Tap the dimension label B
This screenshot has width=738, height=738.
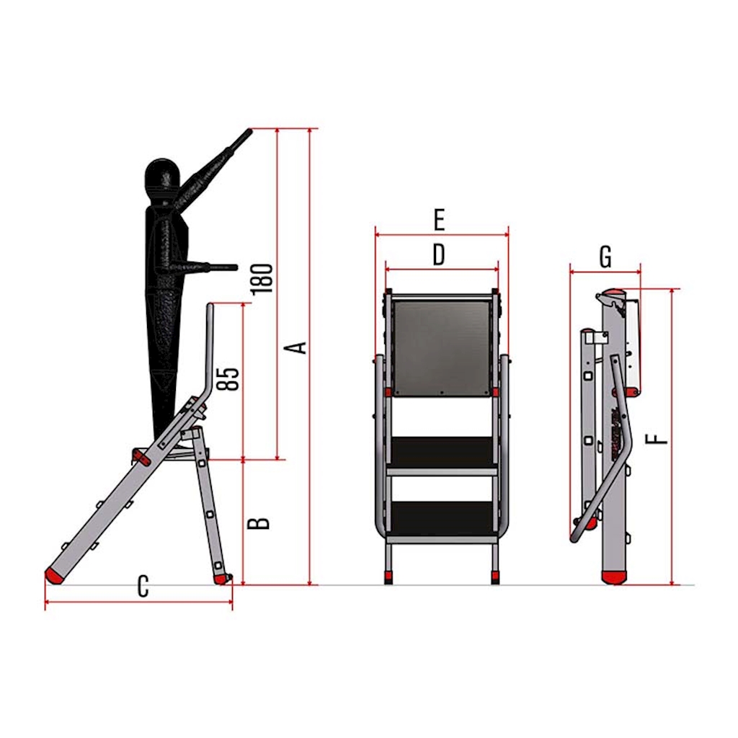point(259,523)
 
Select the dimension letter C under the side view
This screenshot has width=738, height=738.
point(143,587)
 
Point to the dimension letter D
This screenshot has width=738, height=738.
point(438,254)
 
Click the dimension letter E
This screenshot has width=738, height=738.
point(439,220)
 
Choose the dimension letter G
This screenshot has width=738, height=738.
point(605,257)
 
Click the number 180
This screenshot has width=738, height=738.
point(262,280)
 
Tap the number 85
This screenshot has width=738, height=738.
point(228,379)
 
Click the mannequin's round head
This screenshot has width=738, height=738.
point(162,177)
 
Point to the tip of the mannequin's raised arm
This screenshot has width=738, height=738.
point(250,130)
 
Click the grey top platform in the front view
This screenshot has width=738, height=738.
point(441,346)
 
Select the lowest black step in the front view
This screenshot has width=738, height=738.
point(442,518)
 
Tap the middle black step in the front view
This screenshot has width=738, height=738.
point(442,452)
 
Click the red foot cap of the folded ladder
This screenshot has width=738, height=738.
point(614,577)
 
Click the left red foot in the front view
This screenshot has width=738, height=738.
point(388,577)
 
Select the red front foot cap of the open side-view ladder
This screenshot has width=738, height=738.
point(54,576)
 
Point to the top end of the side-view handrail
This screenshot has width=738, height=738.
point(210,306)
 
